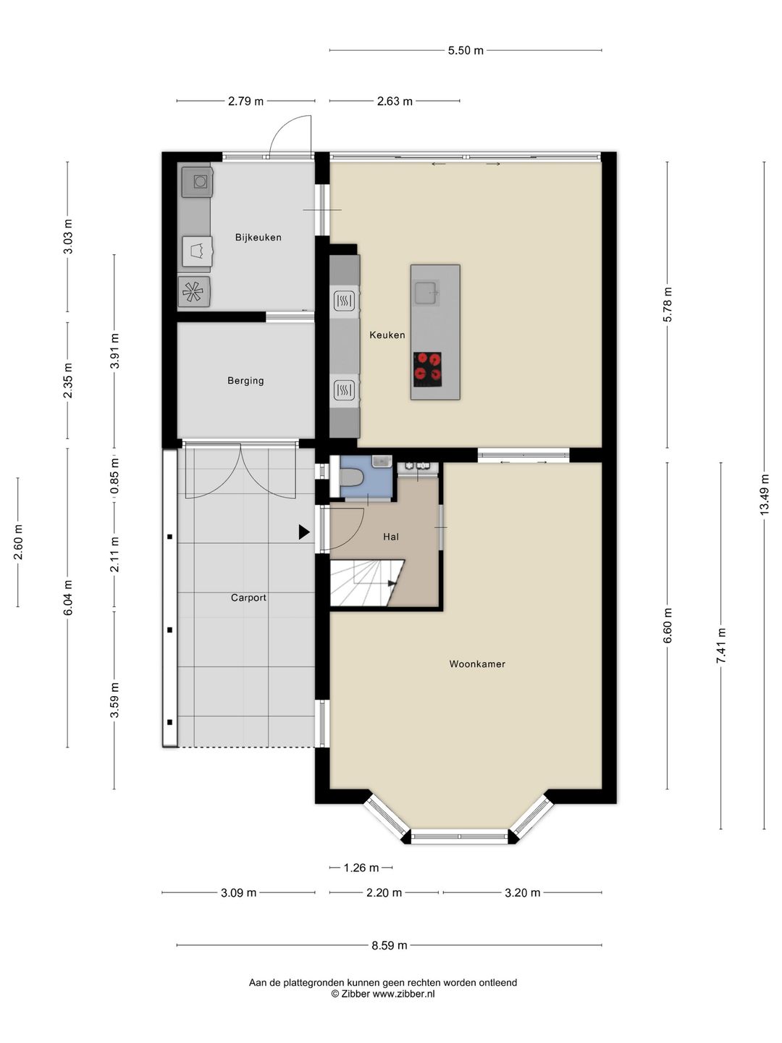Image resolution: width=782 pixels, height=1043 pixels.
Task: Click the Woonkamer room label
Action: [x=476, y=663]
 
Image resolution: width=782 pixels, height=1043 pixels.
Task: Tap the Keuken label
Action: [x=387, y=335]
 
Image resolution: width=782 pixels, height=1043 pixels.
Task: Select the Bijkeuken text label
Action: [x=258, y=237]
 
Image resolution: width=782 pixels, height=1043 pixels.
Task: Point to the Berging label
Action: [x=245, y=380]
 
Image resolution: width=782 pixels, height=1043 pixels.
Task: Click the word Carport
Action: [x=248, y=598]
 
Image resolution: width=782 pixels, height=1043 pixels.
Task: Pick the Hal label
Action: [x=391, y=537]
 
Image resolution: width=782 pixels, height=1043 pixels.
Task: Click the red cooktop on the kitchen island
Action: [x=427, y=369]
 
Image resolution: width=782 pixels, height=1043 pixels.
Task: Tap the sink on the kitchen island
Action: [x=426, y=293]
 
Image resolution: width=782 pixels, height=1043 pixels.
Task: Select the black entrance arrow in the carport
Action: [x=304, y=532]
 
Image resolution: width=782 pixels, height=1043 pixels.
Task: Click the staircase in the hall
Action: [x=367, y=583]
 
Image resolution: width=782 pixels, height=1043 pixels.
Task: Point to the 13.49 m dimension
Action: [x=764, y=494]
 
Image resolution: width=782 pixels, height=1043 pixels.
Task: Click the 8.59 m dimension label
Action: [x=390, y=945]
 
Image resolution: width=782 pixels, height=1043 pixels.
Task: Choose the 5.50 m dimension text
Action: [x=466, y=51]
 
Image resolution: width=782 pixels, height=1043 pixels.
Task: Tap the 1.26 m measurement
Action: [x=361, y=868]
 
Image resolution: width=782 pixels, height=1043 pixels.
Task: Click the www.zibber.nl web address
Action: [x=403, y=994]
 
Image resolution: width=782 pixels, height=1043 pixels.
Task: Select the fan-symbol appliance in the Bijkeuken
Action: [x=193, y=291]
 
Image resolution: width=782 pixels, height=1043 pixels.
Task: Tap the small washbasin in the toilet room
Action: [x=382, y=461]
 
